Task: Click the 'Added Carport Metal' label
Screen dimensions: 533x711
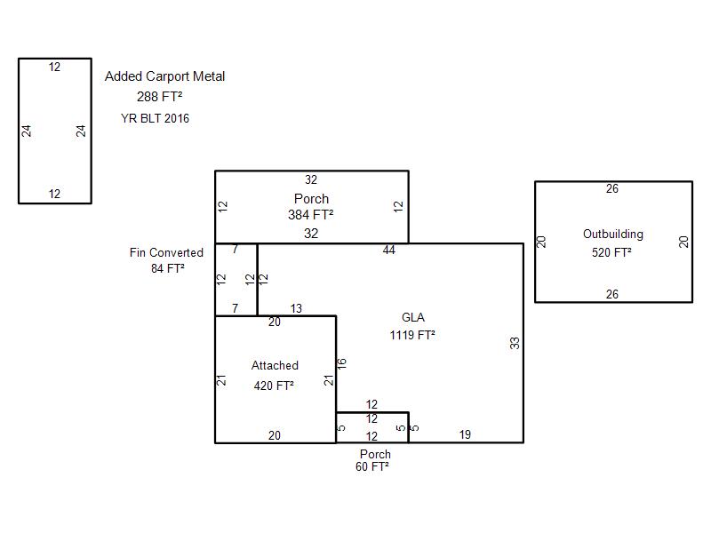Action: click(164, 76)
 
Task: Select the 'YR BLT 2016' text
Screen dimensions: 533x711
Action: click(155, 118)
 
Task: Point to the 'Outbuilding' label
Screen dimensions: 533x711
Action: click(613, 235)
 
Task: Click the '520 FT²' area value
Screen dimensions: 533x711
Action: click(611, 253)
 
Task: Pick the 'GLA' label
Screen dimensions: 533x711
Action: click(413, 317)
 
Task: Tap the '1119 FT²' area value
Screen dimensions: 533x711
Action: click(412, 336)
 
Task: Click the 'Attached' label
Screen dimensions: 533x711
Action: click(275, 366)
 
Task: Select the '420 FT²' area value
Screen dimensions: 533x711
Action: click(274, 386)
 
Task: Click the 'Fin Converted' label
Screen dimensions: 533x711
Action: click(166, 253)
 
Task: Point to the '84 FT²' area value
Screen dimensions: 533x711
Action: click(168, 268)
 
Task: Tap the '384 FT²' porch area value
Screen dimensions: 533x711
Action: click(311, 215)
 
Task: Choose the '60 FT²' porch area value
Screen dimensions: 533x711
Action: click(372, 466)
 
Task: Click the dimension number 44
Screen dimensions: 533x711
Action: click(389, 251)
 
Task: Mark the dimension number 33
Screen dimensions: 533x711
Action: click(515, 343)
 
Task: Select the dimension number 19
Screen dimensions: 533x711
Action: click(465, 434)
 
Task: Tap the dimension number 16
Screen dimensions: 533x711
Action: click(341, 363)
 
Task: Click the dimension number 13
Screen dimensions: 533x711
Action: click(296, 309)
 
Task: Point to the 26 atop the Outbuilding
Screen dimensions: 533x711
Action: click(612, 189)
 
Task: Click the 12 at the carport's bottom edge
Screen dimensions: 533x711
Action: click(55, 194)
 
